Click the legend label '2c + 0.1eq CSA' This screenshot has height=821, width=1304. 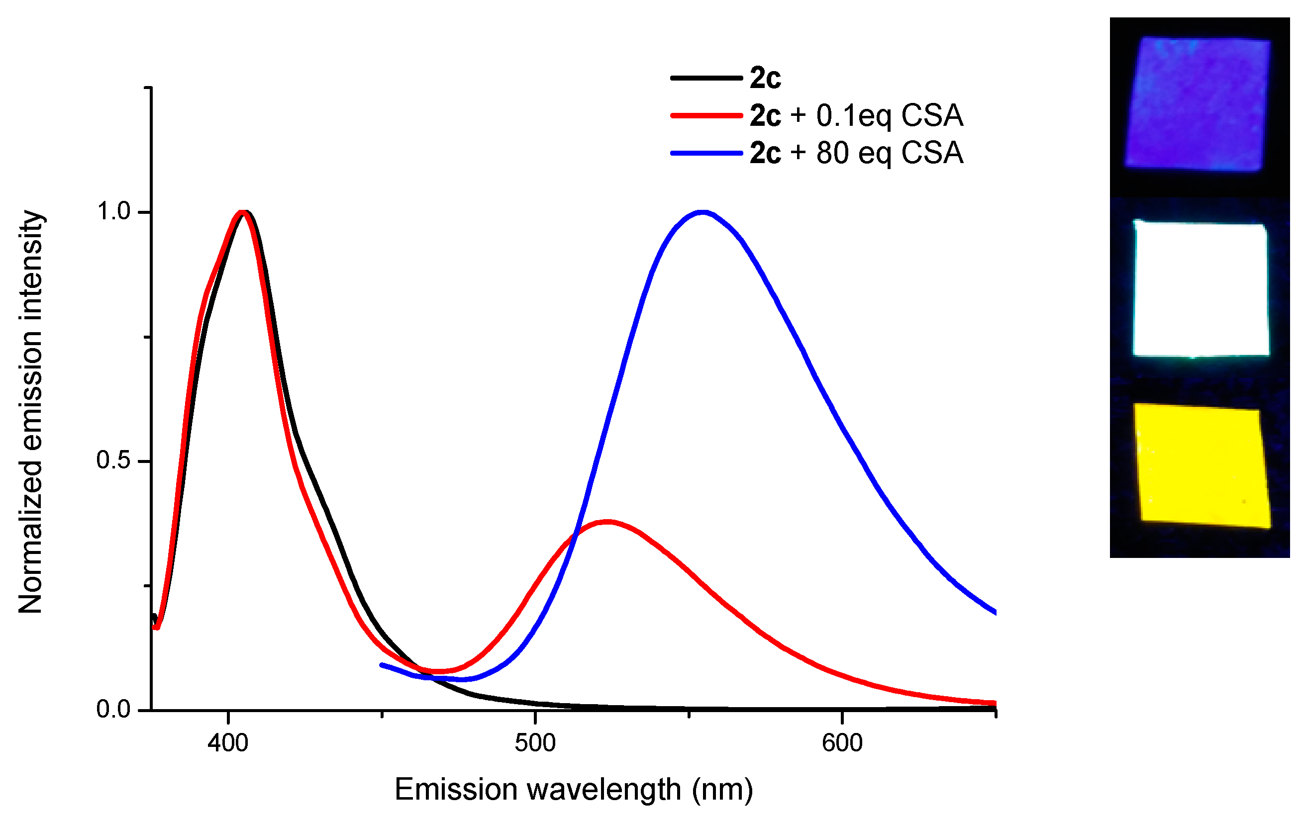coord(856,116)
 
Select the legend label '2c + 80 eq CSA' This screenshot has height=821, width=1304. coord(856,153)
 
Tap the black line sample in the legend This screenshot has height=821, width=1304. coord(706,78)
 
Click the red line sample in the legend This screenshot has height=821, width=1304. coord(706,115)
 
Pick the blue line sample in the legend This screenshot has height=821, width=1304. coord(706,153)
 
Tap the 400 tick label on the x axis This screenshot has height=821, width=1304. coord(228,743)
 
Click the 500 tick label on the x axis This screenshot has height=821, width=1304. coord(535,743)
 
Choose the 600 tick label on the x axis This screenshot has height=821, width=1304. coord(842,743)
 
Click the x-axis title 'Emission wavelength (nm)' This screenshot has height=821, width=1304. coord(574,790)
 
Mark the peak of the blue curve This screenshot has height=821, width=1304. coord(702,212)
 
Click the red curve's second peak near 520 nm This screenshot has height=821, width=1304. coord(607,522)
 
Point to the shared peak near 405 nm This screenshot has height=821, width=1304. coord(244,212)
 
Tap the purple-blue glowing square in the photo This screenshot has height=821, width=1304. coord(1199,104)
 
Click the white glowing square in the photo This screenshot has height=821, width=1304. coord(1201,289)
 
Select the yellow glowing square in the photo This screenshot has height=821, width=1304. coord(1202,466)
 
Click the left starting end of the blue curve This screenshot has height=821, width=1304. coord(382,664)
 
